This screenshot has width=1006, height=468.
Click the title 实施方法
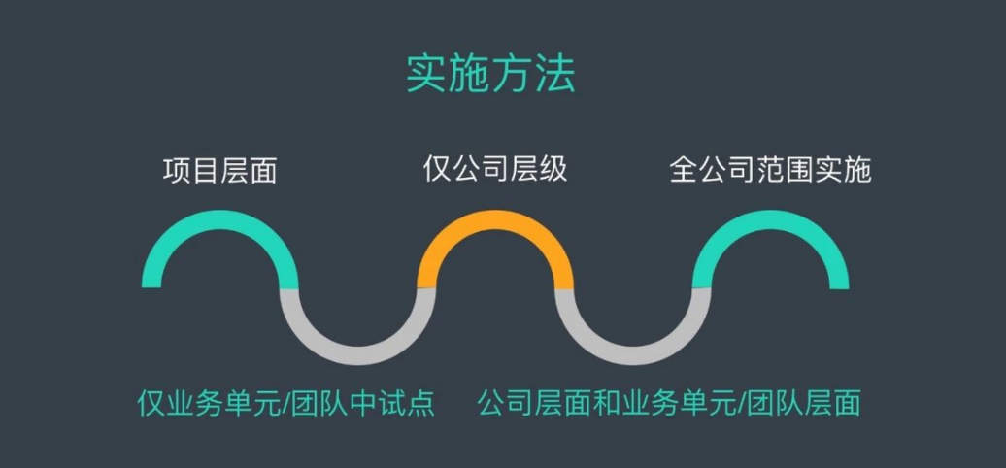click(x=489, y=75)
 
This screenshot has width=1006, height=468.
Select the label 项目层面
click(x=219, y=172)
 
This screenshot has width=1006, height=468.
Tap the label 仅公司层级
click(x=495, y=169)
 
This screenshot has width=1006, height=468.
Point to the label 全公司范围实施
click(x=770, y=170)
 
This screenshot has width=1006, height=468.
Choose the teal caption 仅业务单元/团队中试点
click(x=285, y=403)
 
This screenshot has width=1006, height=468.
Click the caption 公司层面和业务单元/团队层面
click(x=669, y=403)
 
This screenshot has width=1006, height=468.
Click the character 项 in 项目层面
click(x=177, y=172)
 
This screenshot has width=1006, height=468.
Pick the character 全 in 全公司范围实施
click(x=684, y=170)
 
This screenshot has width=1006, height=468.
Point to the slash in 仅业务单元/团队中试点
click(x=287, y=403)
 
